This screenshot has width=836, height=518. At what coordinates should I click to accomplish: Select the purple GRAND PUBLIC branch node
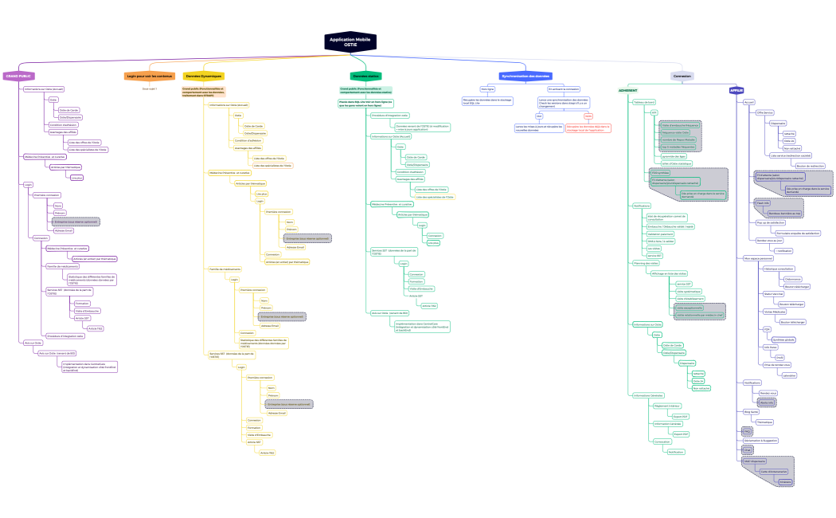pos(18,77)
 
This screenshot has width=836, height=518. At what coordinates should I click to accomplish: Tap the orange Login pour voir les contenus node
pos(149,77)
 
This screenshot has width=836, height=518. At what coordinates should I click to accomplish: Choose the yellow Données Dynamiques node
pos(204,77)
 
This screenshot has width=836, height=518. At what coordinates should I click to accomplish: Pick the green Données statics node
pos(365,77)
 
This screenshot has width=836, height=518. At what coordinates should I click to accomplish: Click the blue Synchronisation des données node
pos(525,77)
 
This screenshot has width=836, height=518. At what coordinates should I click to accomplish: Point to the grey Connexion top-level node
pos(682,77)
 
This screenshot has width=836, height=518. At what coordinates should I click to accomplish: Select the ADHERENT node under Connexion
pos(628,90)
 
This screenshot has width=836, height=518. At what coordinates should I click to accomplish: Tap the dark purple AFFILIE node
pos(736,90)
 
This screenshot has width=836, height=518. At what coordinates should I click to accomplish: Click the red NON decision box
pos(588,116)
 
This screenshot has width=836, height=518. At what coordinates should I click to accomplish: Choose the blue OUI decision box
pos(539,116)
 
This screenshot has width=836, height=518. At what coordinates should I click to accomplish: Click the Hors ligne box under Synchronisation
pos(487,88)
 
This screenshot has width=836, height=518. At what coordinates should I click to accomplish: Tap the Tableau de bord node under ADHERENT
pos(644,102)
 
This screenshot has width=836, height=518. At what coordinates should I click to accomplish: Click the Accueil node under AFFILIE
pos(748,102)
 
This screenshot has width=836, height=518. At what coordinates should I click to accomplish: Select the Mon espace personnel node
pos(757,258)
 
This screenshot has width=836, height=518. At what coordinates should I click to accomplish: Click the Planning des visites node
pos(646,262)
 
